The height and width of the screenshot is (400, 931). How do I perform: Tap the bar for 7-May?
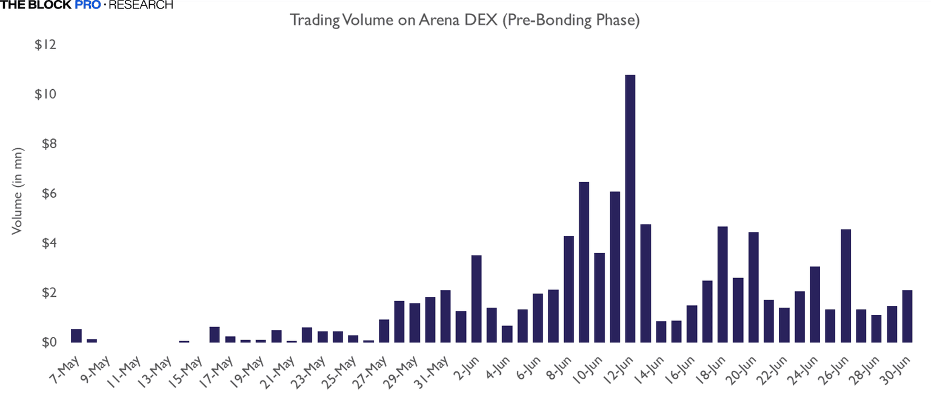click(76, 336)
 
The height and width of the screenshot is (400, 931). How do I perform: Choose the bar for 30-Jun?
click(907, 316)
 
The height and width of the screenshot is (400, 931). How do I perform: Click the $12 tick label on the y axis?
click(46, 46)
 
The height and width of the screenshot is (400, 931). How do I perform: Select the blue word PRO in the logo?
click(88, 5)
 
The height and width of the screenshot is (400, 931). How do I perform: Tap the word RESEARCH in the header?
click(141, 5)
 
